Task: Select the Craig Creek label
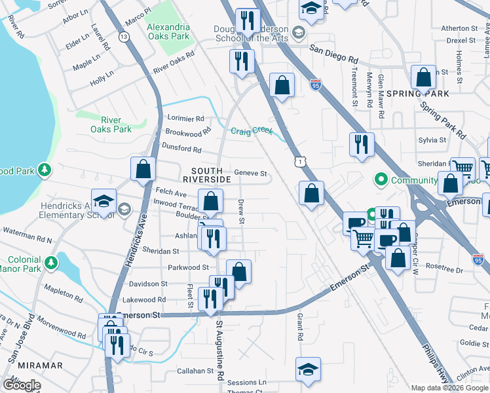252,131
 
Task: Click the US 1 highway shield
299,160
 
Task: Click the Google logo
22,385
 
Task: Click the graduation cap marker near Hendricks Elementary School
104,201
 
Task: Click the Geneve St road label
252,174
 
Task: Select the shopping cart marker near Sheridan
463,168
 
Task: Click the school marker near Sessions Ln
308,369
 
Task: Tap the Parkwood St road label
187,267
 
